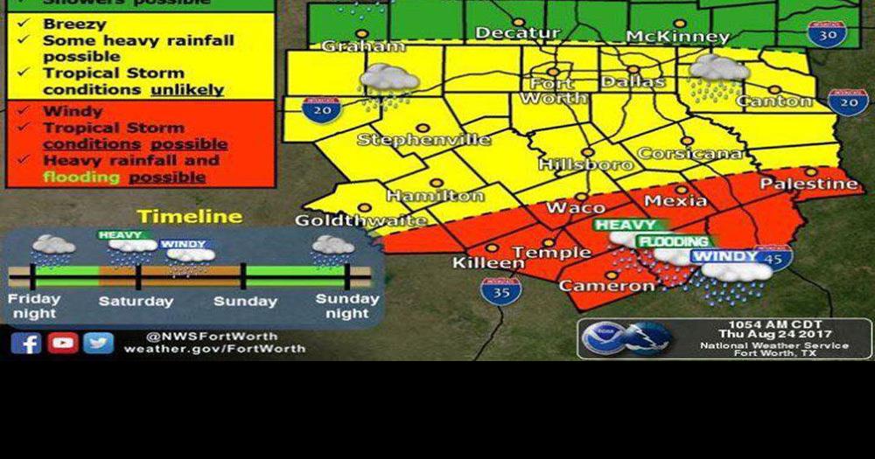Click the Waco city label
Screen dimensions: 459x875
(576, 207)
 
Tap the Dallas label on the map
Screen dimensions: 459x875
(633, 81)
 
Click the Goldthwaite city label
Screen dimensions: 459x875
(360, 220)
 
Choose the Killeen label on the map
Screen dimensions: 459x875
(488, 262)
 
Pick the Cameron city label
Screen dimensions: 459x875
(606, 285)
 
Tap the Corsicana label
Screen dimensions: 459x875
(690, 153)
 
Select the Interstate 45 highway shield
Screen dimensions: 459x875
(773, 257)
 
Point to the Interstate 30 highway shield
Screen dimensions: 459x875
(826, 34)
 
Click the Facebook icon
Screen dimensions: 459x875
(26, 343)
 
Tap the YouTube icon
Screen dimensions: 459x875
(63, 343)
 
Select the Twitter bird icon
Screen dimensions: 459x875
(99, 343)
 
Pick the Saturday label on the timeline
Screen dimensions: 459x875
(136, 302)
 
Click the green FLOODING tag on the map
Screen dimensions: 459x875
(673, 241)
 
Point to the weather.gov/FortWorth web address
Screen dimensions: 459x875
(214, 349)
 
